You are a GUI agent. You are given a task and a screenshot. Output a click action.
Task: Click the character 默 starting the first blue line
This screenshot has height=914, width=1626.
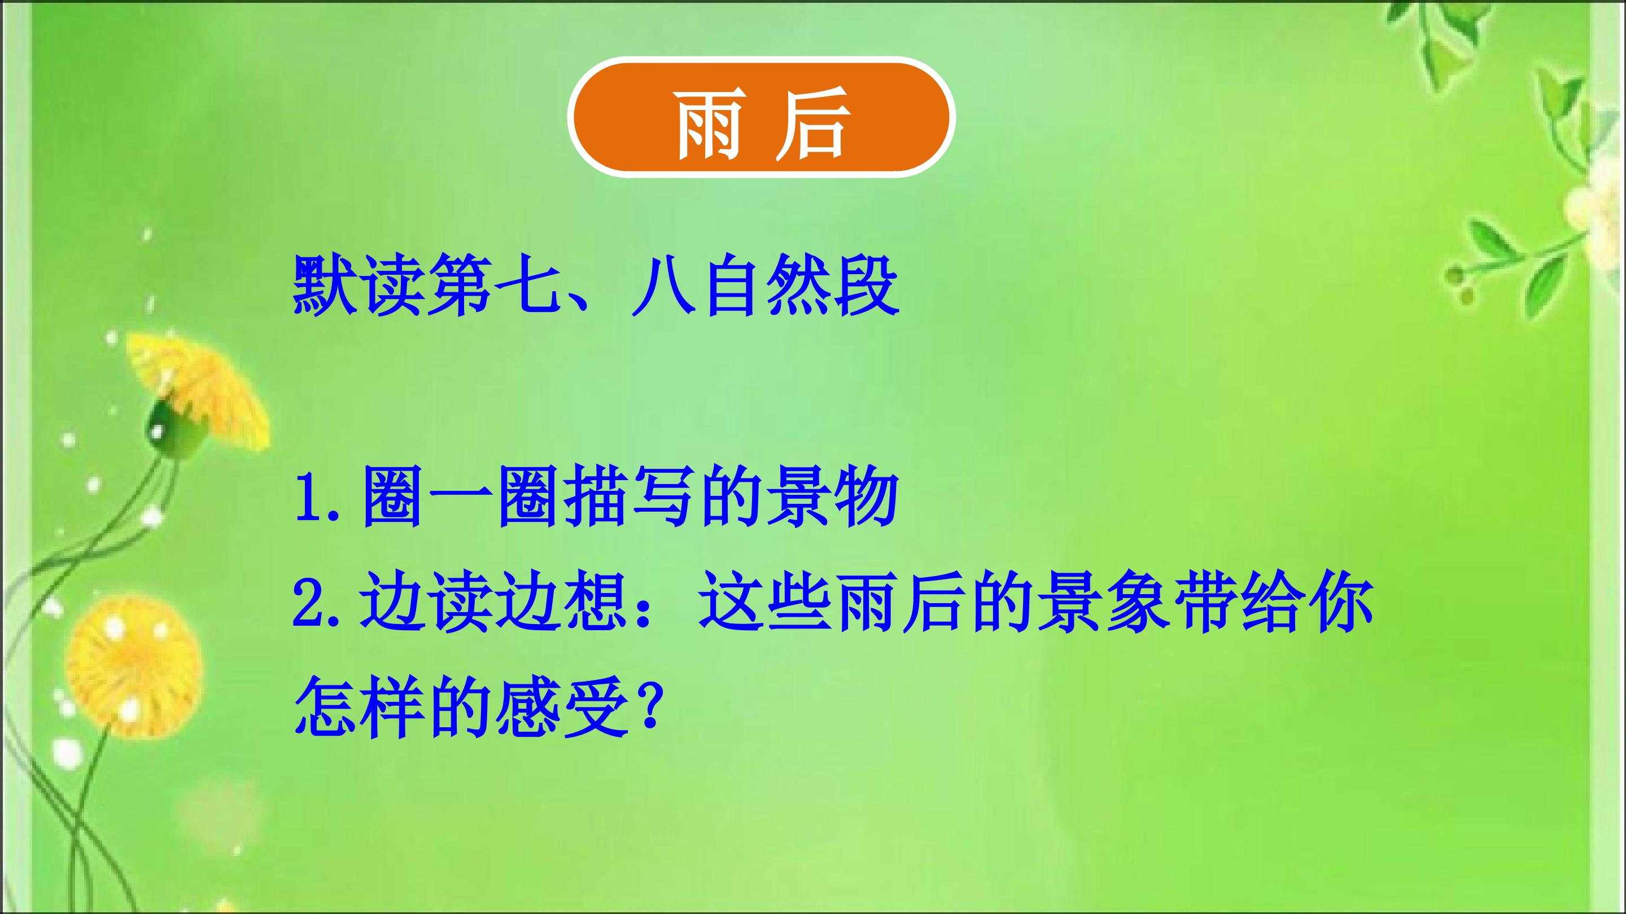pos(325,284)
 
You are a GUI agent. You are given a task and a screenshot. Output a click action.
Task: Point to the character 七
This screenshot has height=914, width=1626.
pos(526,284)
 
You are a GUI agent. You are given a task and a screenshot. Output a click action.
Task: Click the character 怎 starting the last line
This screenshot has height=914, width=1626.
pos(325,709)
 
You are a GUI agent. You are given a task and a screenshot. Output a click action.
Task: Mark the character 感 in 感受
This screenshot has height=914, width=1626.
pos(528,709)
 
